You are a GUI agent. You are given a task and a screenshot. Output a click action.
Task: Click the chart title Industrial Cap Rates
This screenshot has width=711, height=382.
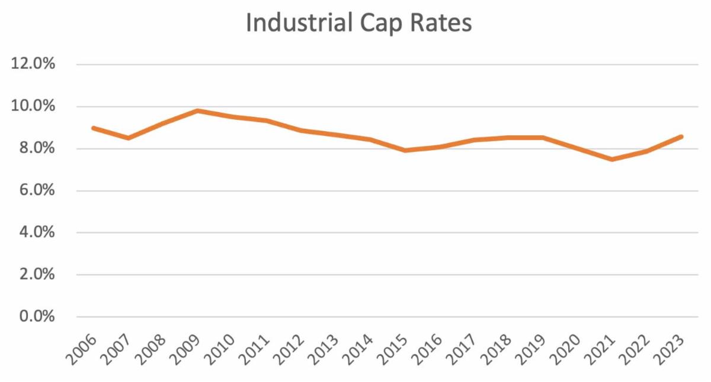pyautogui.click(x=358, y=24)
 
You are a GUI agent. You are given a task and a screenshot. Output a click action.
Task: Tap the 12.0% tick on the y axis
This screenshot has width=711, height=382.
pyautogui.click(x=34, y=64)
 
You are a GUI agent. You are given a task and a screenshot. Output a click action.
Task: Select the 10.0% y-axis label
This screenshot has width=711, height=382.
pyautogui.click(x=34, y=106)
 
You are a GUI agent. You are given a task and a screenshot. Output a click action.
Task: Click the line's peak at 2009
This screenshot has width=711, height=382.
pyautogui.click(x=197, y=110)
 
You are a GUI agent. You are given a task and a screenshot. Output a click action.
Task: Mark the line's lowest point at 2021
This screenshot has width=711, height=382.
pyautogui.click(x=613, y=159)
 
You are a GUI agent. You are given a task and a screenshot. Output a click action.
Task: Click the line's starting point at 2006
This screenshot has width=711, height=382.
pyautogui.click(x=94, y=128)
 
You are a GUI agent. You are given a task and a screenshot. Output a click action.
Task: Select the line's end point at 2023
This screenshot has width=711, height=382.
pyautogui.click(x=682, y=136)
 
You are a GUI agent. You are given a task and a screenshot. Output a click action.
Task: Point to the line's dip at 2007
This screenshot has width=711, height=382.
pyautogui.click(x=128, y=138)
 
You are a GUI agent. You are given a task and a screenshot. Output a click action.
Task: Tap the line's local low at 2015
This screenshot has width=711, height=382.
pyautogui.click(x=405, y=150)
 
